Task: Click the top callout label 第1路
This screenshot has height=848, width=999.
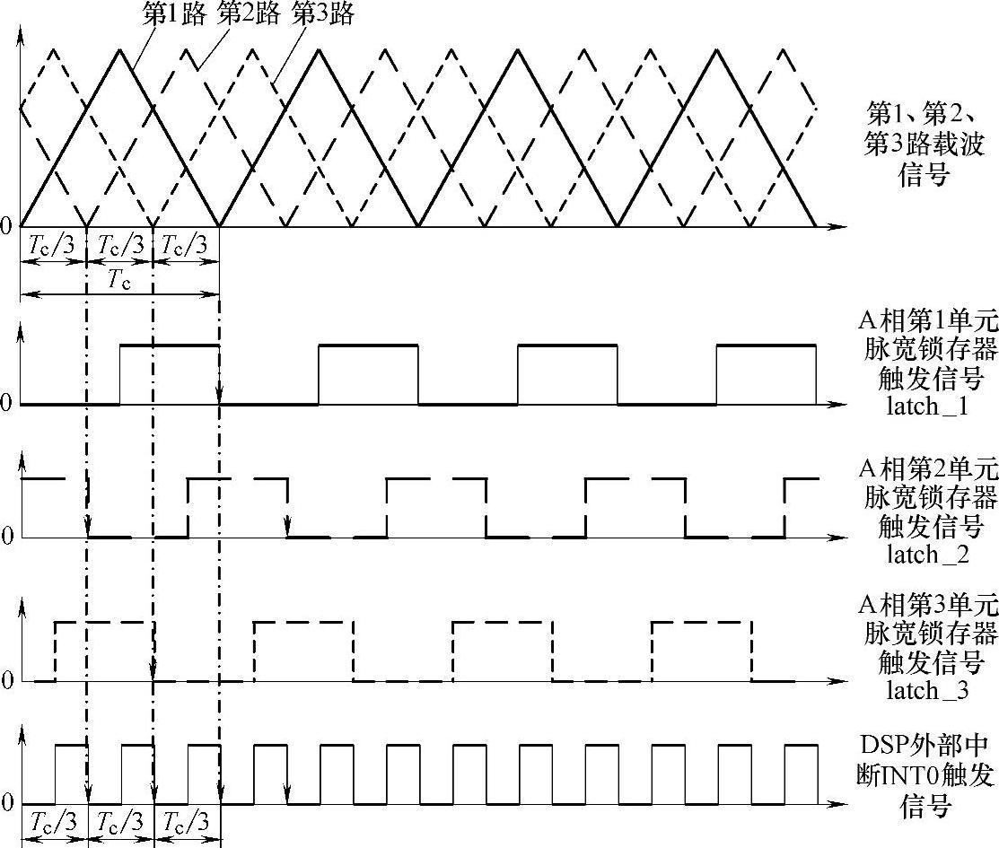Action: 175,15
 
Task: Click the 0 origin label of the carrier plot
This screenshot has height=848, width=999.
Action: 6,226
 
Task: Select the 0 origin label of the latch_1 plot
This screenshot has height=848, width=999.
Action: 6,405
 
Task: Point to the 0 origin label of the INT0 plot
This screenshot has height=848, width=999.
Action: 6,803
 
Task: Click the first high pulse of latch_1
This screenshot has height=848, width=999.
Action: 170,345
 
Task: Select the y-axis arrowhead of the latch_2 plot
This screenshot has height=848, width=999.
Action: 21,458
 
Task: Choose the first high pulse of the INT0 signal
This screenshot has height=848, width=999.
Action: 71,745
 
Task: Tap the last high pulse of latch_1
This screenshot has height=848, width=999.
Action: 766,345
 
